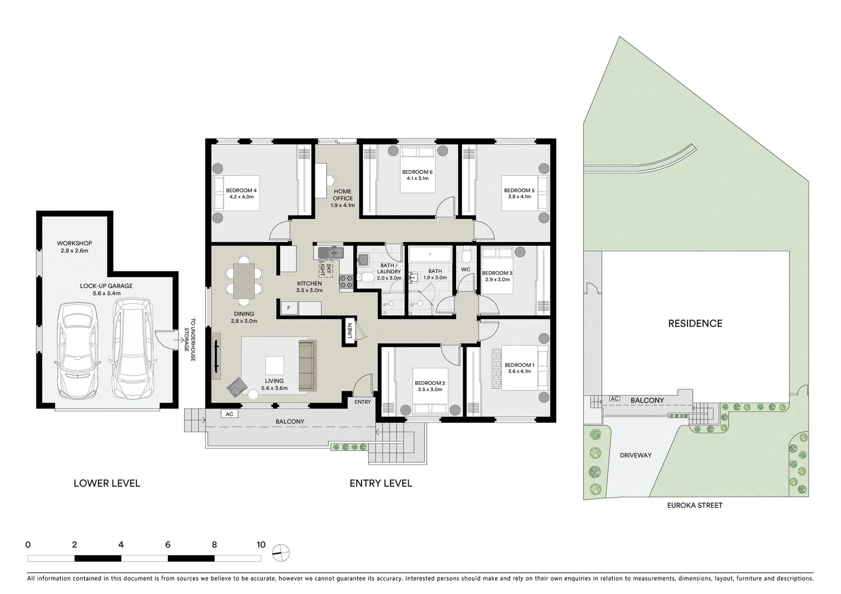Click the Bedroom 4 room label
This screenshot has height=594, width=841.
point(241,191)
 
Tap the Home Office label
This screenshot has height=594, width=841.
point(342,195)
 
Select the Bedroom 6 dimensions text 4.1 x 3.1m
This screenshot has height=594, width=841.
point(417,178)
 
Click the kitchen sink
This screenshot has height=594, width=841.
point(330,253)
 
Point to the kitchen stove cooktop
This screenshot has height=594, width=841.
point(346,282)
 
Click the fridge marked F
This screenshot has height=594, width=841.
point(289,308)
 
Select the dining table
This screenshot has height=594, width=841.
point(244,281)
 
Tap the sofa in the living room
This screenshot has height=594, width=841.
point(307,365)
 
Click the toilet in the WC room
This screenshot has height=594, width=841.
point(466,255)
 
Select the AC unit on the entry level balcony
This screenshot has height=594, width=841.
point(229,414)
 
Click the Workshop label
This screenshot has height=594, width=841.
point(74,243)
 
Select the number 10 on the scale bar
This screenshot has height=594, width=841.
point(261,545)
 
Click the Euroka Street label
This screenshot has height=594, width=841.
point(695,505)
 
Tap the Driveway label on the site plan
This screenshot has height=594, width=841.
point(635,455)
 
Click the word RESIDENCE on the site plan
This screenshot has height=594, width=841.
point(695,323)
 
